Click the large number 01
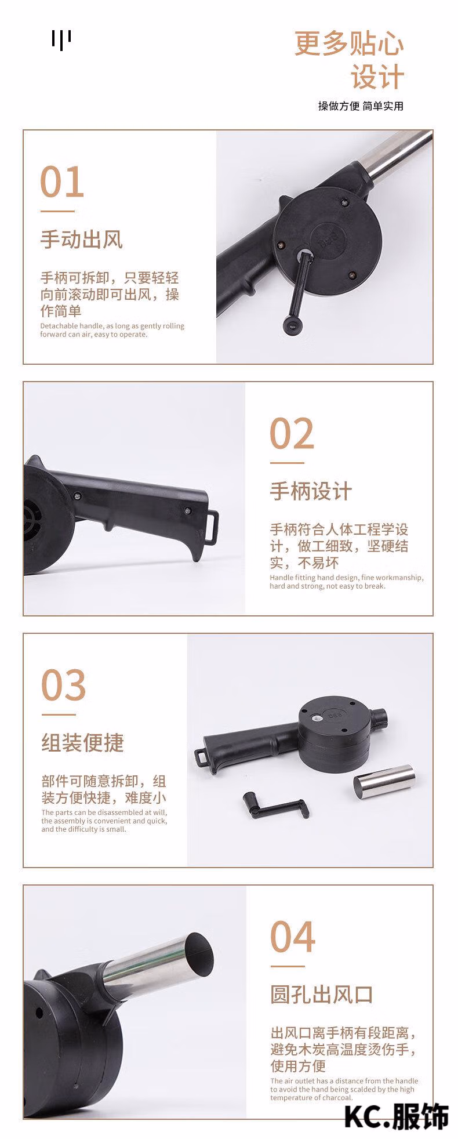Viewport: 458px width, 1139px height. pyautogui.click(x=63, y=183)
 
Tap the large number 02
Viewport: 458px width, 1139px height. pyautogui.click(x=292, y=434)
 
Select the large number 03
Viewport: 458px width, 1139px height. pyautogui.click(x=64, y=685)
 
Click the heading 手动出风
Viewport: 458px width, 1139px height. pyautogui.click(x=82, y=240)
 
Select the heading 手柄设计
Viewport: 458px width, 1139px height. pyautogui.click(x=311, y=491)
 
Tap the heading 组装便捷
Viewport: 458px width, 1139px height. pyautogui.click(x=83, y=742)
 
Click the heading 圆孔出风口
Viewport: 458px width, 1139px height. pyautogui.click(x=322, y=994)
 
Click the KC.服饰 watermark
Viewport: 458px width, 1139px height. pyautogui.click(x=397, y=1116)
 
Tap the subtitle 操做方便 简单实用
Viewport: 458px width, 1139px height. pyautogui.click(x=361, y=106)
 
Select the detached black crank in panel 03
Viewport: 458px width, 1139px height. pyautogui.click(x=275, y=806)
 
